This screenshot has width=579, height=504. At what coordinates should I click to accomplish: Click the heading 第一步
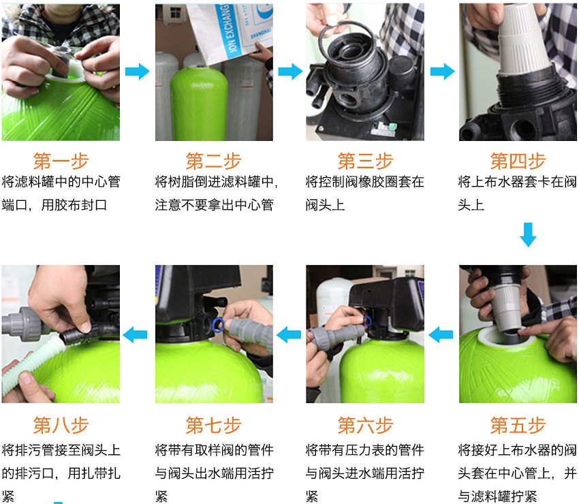pyautogui.click(x=61, y=161)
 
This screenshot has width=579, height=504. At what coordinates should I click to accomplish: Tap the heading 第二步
pyautogui.click(x=213, y=161)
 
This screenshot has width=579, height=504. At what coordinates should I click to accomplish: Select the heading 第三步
pyautogui.click(x=365, y=161)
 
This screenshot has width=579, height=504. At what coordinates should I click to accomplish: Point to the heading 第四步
pyautogui.click(x=518, y=161)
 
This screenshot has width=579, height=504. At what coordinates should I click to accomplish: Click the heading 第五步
pyautogui.click(x=518, y=426)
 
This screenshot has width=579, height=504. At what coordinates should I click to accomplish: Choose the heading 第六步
pyautogui.click(x=365, y=426)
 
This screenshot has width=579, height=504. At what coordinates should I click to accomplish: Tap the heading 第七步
pyautogui.click(x=213, y=426)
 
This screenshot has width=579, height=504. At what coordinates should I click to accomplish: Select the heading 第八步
pyautogui.click(x=61, y=426)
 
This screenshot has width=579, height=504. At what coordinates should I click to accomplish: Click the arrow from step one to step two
pyautogui.click(x=137, y=72)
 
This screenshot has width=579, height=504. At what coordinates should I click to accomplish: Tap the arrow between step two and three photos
pyautogui.click(x=289, y=72)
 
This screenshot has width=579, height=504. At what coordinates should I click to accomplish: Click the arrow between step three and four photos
pyautogui.click(x=442, y=72)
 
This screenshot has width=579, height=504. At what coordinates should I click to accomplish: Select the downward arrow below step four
pyautogui.click(x=528, y=234)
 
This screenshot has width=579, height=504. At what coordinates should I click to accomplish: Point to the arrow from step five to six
pyautogui.click(x=441, y=334)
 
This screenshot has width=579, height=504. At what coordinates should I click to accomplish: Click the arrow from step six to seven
pyautogui.click(x=289, y=334)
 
